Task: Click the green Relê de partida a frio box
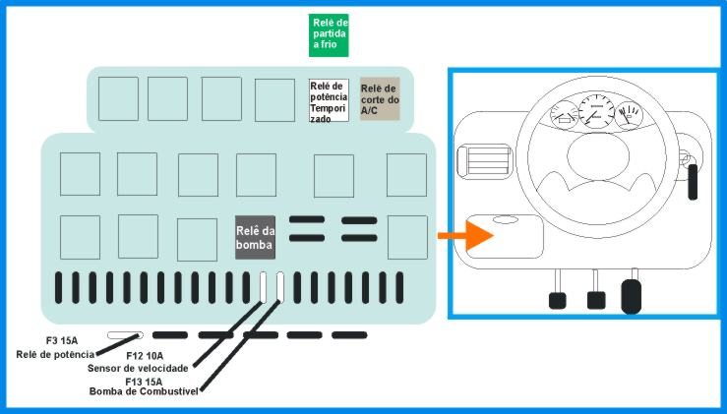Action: point(329,35)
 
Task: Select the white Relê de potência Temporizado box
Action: point(329,100)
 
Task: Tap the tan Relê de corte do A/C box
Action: point(380,98)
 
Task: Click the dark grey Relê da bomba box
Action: point(255,237)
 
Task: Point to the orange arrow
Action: point(465,235)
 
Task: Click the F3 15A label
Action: point(62,341)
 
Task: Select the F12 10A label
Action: point(145,356)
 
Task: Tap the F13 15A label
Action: point(144,382)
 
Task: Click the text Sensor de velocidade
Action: point(138,369)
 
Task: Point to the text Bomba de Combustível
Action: point(144,391)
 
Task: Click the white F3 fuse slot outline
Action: point(125,335)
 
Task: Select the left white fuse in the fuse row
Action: point(263,287)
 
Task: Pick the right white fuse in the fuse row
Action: point(280,287)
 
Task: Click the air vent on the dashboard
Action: point(485,161)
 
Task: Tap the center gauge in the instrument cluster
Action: point(596,111)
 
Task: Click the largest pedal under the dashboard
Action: point(631,296)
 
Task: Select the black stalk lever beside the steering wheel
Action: point(693,182)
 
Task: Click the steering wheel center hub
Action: point(598,155)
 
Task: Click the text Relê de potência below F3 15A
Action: point(55,355)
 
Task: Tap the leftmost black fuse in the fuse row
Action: point(58,288)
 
